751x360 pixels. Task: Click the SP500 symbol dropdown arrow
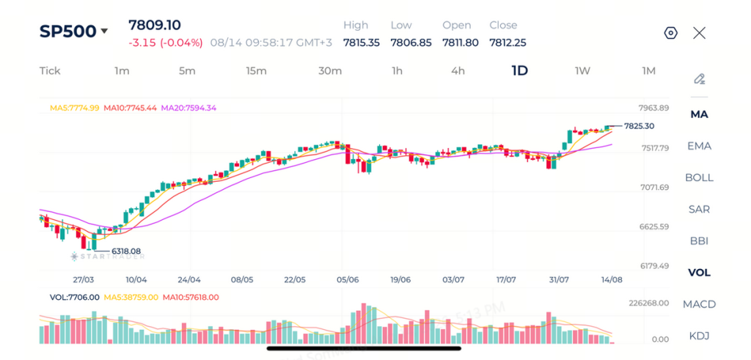pos(104,32)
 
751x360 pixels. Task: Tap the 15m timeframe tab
pos(256,71)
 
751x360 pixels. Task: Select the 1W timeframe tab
pos(582,71)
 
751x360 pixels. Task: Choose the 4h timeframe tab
pos(458,71)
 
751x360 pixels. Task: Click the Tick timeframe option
pos(50,71)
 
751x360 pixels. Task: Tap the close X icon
pos(699,33)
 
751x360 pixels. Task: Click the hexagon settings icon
pos(671,33)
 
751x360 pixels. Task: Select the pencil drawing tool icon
pos(699,79)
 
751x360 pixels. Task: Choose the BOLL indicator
pos(699,177)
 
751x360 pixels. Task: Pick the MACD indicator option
pos(699,304)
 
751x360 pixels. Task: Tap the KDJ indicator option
pos(699,336)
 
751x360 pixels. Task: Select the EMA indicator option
pos(699,146)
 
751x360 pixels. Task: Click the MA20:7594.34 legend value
pos(188,108)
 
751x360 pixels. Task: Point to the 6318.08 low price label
pos(126,251)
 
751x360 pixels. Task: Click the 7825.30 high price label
pos(640,126)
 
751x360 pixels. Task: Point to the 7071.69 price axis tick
pos(654,187)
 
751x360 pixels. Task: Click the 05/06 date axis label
pos(348,279)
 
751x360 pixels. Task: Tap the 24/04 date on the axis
pos(188,279)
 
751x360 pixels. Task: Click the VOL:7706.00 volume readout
pos(74,297)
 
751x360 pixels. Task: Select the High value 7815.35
pos(362,43)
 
